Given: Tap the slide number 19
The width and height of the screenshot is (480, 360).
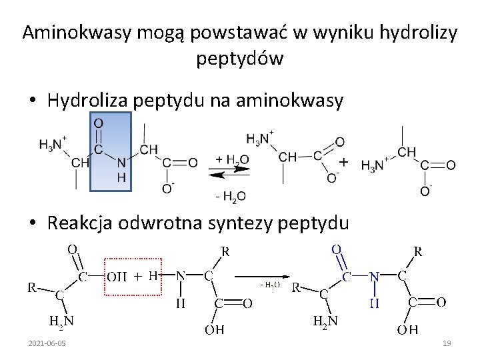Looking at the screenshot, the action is click(x=447, y=343).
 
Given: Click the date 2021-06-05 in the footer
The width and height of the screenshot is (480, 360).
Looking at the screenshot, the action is click(x=47, y=343).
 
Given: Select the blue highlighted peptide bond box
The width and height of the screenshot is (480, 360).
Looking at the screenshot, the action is click(x=111, y=152).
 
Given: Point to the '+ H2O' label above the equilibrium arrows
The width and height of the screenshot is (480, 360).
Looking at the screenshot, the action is click(x=231, y=160).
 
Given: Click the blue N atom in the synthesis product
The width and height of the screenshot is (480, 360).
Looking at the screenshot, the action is click(x=375, y=275).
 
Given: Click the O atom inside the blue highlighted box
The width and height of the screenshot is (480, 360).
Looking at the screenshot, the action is click(x=97, y=123).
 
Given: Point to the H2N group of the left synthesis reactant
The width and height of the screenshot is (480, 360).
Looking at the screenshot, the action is click(x=61, y=321).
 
